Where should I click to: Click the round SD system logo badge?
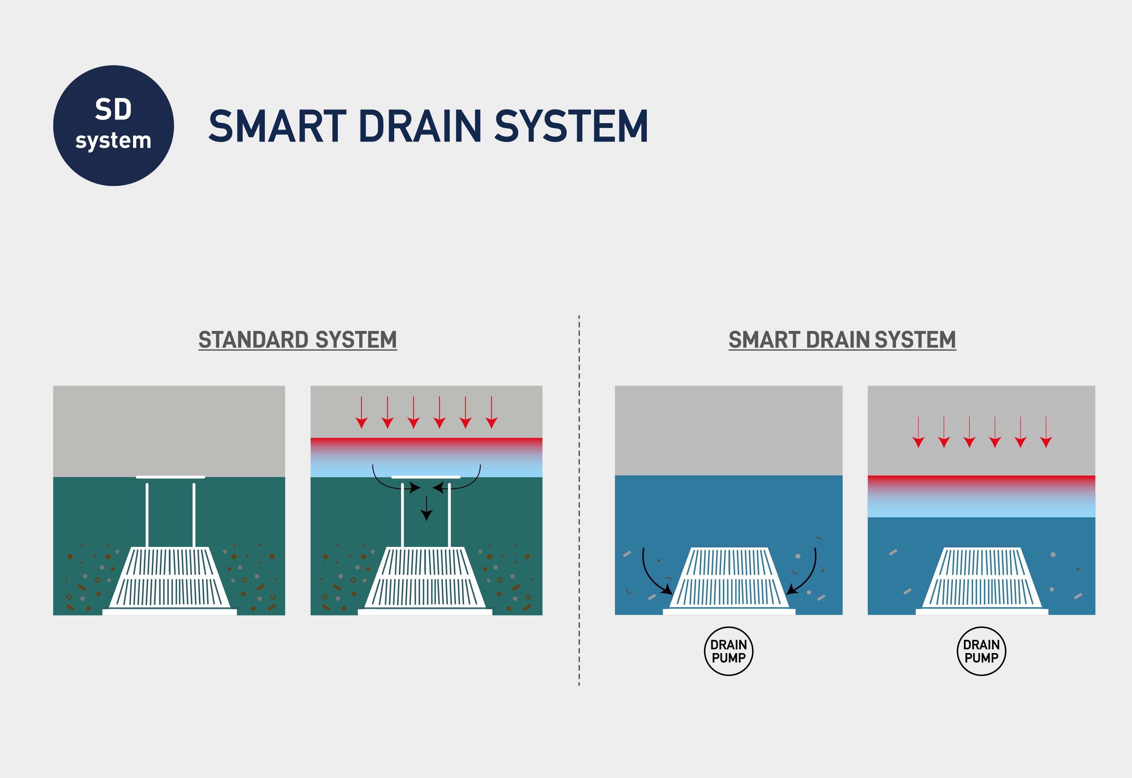(x=114, y=126)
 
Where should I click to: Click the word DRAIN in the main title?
(x=420, y=126)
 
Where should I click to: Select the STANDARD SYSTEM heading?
(x=297, y=340)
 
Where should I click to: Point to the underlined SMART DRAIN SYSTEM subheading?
(x=842, y=340)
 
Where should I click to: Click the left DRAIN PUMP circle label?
(x=728, y=651)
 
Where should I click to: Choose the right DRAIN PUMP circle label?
(x=981, y=651)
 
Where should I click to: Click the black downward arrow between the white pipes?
(x=426, y=508)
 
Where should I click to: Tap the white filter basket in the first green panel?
(x=170, y=578)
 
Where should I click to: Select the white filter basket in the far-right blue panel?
(x=982, y=579)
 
